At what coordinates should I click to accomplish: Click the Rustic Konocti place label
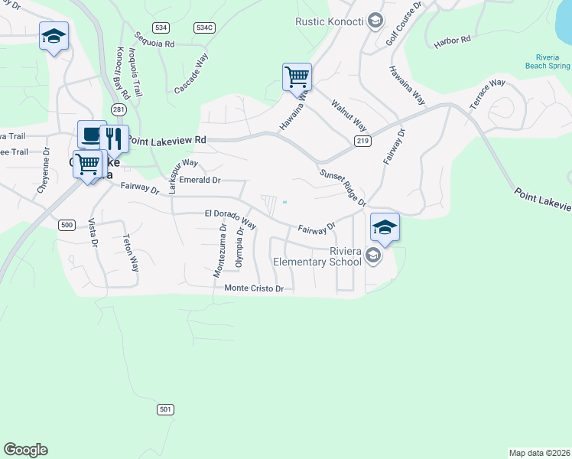[331, 21]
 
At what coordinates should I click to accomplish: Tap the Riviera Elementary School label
[318, 256]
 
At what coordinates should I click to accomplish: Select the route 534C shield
[203, 28]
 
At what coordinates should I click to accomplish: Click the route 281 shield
[118, 110]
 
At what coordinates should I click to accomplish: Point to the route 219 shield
[362, 141]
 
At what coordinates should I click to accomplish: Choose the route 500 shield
[67, 224]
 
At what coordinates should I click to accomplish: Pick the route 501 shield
[165, 409]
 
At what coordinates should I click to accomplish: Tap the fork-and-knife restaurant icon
[114, 138]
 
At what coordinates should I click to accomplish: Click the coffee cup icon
[92, 135]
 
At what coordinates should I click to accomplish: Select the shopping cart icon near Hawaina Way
[297, 76]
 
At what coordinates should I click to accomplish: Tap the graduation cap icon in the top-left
[54, 36]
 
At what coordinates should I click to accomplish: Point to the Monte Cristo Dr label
[254, 288]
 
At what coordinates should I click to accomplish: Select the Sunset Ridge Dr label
[343, 188]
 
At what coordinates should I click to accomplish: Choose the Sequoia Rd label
[154, 41]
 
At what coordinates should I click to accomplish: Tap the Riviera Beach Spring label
[548, 62]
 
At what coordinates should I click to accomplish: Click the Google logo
[25, 450]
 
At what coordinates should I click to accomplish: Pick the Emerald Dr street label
[200, 181]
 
